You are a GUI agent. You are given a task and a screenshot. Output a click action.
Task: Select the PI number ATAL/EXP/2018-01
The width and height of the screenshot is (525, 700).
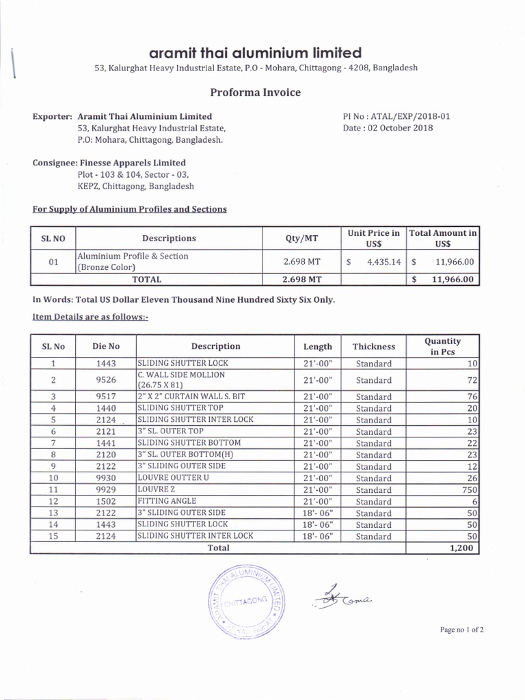click(x=396, y=116)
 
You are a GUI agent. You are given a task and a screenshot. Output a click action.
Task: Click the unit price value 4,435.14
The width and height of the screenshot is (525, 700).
click(x=382, y=261)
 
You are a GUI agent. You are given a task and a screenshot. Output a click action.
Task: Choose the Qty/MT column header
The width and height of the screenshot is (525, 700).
click(x=301, y=238)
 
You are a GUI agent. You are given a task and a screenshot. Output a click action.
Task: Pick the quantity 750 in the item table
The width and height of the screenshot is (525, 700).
click(x=468, y=489)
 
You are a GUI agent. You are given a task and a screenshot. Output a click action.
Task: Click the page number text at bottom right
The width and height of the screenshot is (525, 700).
click(x=462, y=630)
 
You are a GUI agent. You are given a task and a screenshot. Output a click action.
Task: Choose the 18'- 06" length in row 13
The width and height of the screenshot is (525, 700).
click(x=317, y=513)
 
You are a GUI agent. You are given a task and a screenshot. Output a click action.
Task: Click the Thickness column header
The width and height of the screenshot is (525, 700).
click(x=373, y=347)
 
